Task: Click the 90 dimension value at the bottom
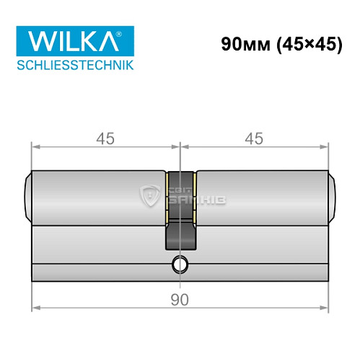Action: [x=180, y=299]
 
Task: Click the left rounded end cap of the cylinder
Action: [x=28, y=198]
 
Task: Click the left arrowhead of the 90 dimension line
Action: [x=33, y=307]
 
